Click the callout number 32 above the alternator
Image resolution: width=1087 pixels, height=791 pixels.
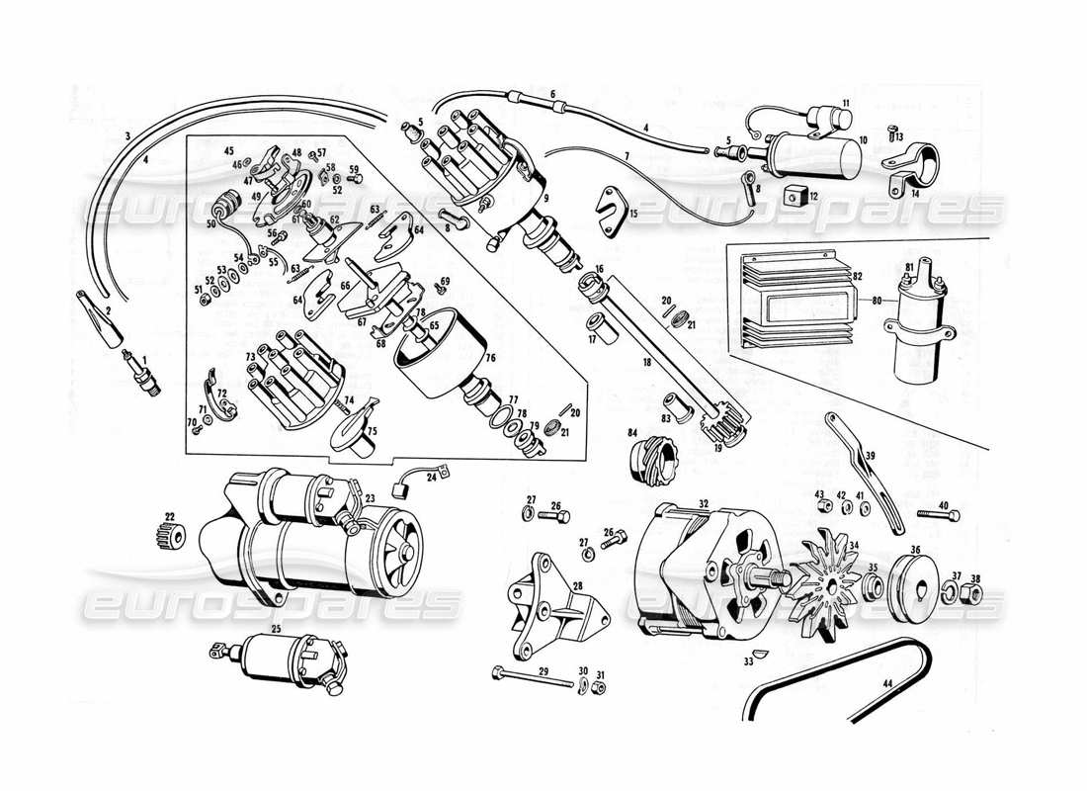[x=704, y=503]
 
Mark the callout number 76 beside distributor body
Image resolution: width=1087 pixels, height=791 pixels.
[x=489, y=358]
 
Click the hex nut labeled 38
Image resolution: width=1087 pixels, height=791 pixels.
[x=972, y=592]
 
